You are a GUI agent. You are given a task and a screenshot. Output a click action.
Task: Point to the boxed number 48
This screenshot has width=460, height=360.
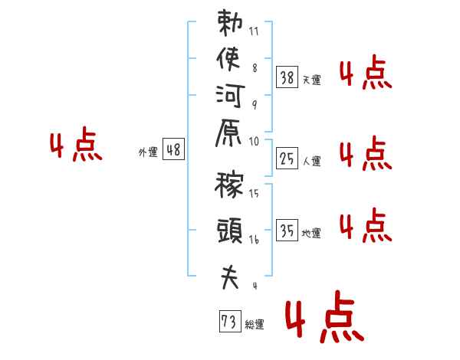(x=174, y=150)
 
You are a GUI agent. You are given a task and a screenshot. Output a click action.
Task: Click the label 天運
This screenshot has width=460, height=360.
(x=311, y=80)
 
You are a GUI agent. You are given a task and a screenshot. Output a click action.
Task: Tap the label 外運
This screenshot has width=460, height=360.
(x=148, y=152)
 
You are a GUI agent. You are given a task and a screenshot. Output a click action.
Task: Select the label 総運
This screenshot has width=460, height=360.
(x=255, y=325)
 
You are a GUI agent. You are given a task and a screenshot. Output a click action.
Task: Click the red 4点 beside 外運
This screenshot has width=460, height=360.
(x=76, y=146)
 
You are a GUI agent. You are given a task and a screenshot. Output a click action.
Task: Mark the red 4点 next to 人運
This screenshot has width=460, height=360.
(x=365, y=154)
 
